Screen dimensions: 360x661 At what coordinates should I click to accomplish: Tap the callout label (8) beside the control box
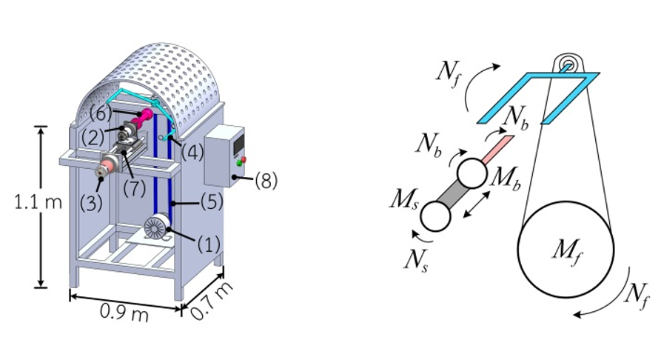click(264, 180)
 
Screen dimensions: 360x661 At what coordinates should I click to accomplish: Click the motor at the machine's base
click(158, 227)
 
